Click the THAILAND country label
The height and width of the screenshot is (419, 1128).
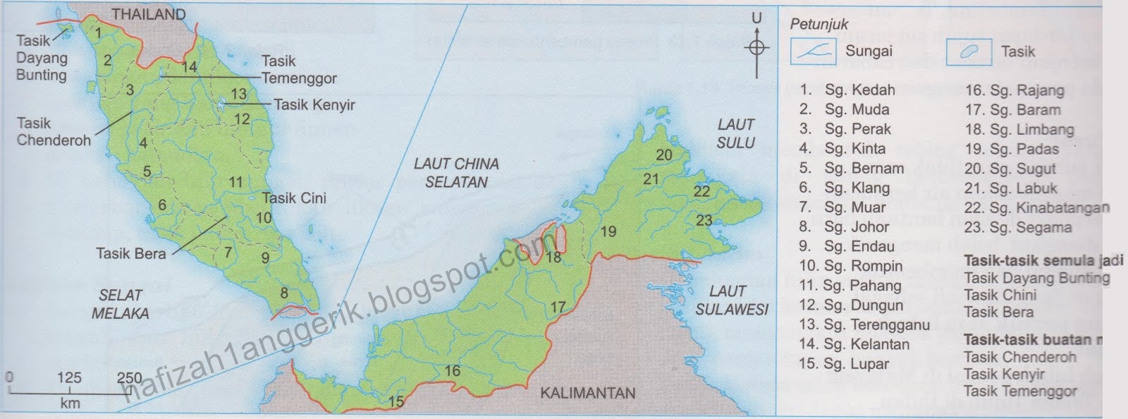pyautogui.click(x=149, y=14)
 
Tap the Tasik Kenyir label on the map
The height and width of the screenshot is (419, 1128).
pyautogui.click(x=314, y=106)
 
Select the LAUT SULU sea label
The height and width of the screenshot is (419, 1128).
pyautogui.click(x=735, y=133)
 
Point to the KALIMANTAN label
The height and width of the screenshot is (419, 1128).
pyautogui.click(x=587, y=394)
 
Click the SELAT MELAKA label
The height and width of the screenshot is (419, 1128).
pyautogui.click(x=120, y=304)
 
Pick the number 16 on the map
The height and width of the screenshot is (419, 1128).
pyautogui.click(x=452, y=370)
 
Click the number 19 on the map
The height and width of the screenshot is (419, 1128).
pyautogui.click(x=608, y=231)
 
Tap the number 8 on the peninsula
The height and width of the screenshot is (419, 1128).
pyautogui.click(x=284, y=293)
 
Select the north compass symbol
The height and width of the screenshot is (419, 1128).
pyautogui.click(x=757, y=47)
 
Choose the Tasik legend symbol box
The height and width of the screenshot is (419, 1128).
pyautogui.click(x=968, y=51)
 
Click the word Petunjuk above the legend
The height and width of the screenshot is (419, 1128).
pyautogui.click(x=819, y=25)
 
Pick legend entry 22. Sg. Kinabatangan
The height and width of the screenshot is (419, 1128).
pyautogui.click(x=1036, y=208)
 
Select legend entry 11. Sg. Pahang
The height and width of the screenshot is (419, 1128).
pyautogui.click(x=850, y=286)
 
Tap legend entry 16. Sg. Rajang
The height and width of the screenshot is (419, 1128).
pyautogui.click(x=1014, y=90)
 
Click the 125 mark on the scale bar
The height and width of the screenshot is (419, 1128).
pyautogui.click(x=69, y=379)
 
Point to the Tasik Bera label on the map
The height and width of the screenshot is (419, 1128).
pyautogui.click(x=131, y=253)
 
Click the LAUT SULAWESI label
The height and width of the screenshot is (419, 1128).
pyautogui.click(x=731, y=300)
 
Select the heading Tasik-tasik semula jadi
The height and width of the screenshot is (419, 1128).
pyautogui.click(x=1042, y=261)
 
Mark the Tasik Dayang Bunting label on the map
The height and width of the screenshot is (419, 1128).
pyautogui.click(x=41, y=58)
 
